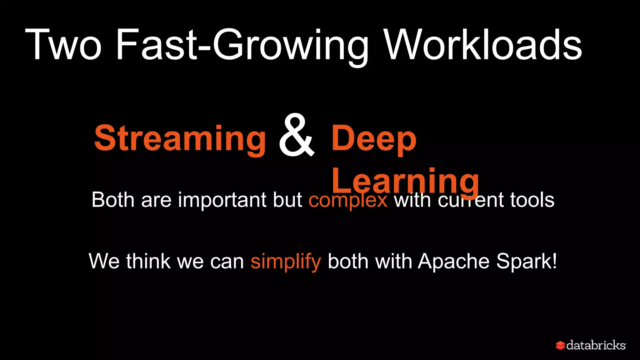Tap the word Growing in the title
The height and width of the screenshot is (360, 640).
pyautogui.click(x=291, y=45)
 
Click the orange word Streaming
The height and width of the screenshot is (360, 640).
pyautogui.click(x=180, y=138)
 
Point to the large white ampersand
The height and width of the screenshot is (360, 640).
pyautogui.click(x=296, y=136)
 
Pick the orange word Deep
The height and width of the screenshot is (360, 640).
pyautogui.click(x=374, y=138)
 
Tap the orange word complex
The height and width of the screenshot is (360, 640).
pyautogui.click(x=348, y=200)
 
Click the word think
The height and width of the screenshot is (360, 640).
pyautogui.click(x=148, y=261)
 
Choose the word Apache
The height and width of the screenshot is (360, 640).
pyautogui.click(x=454, y=261)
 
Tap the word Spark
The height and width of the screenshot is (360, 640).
pyautogui.click(x=523, y=262)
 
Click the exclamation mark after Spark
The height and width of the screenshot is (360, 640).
pyautogui.click(x=554, y=261)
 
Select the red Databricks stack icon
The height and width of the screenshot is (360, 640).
pyautogui.click(x=560, y=345)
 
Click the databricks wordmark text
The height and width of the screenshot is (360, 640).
pyautogui.click(x=596, y=345)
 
